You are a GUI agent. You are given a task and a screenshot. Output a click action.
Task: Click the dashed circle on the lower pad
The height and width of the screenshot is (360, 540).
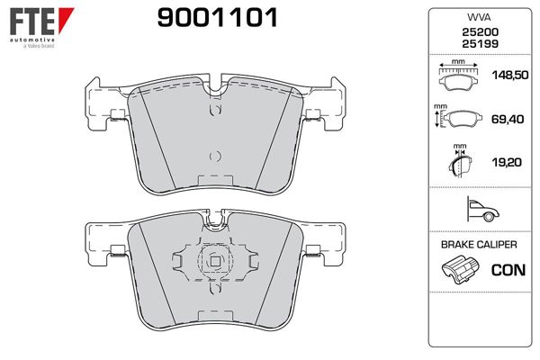click(x=214, y=262)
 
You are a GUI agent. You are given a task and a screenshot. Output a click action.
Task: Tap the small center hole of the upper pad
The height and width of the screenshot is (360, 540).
click(x=213, y=155)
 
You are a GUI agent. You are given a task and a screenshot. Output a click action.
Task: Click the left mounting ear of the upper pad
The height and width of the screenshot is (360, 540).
click(x=97, y=103)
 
